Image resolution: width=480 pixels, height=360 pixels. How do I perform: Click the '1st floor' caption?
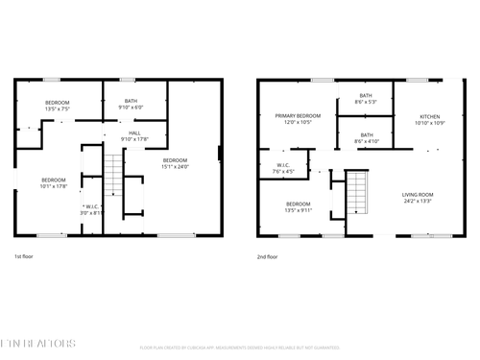point(25,257)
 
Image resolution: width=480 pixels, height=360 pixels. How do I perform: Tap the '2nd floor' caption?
point(268,257)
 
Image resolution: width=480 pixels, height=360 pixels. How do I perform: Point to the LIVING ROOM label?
point(417,195)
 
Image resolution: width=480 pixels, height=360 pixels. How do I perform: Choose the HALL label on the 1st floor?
point(134,133)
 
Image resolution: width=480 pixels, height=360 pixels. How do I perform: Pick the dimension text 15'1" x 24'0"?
point(175,166)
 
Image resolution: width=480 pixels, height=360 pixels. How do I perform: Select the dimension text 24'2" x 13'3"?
point(417,202)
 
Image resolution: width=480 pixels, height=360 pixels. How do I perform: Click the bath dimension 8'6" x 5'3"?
point(366,101)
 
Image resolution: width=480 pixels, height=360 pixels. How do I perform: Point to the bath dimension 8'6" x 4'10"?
point(366,141)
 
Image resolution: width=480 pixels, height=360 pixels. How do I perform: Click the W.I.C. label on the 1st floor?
point(93,206)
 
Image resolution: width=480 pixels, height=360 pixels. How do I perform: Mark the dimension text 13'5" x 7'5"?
point(58,108)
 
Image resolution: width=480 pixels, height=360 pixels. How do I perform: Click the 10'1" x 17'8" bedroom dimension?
point(54,186)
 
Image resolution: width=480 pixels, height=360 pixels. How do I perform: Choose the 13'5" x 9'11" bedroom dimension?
point(299,209)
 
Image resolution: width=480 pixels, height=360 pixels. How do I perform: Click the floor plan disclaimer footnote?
point(240,348)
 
